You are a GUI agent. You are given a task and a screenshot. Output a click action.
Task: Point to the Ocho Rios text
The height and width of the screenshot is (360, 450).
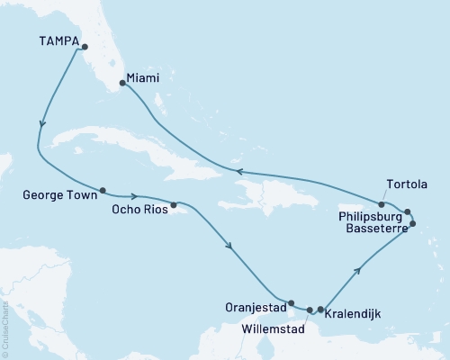(137, 210)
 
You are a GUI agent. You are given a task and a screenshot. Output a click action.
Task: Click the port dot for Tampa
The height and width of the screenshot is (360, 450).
(85, 48)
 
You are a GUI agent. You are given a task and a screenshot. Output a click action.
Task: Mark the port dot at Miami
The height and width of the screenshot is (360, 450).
(122, 83)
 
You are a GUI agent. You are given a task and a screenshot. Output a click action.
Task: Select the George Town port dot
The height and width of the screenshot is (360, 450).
(103, 190)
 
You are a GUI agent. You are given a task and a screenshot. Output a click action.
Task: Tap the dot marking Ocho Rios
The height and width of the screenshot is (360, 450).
(173, 204)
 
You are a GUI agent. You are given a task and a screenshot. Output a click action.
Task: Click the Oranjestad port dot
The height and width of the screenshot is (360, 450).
(291, 303)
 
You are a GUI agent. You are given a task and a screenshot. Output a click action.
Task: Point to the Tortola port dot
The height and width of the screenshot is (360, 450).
(382, 204)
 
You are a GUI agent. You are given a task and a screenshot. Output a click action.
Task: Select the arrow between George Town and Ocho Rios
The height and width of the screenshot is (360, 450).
(133, 195)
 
